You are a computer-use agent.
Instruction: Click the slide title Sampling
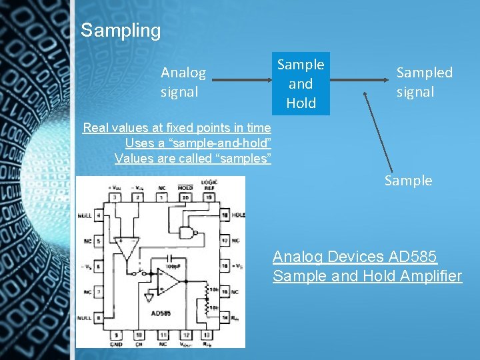[x=121, y=31]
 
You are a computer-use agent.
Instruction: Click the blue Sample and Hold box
[x=301, y=83]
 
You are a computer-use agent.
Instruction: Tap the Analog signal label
[x=183, y=82]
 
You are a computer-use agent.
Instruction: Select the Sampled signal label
[x=424, y=82]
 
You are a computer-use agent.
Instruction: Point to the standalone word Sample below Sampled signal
[x=408, y=181]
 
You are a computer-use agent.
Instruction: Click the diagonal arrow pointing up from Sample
[x=377, y=129]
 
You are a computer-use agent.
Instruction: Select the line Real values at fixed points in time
[x=177, y=127]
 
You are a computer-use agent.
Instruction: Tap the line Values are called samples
[x=193, y=158]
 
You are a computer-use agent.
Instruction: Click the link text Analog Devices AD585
[x=355, y=257]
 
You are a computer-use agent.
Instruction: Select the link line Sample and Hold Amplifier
[x=367, y=276]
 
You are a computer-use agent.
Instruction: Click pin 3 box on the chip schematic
[x=115, y=197]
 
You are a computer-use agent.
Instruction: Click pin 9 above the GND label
[x=117, y=334]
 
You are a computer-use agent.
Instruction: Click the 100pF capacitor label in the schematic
[x=173, y=266]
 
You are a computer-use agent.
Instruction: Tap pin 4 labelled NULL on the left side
[x=99, y=216]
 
